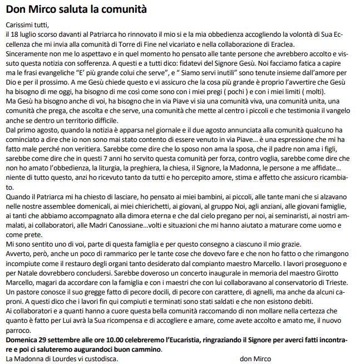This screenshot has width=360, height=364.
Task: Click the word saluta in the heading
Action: (71, 9)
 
